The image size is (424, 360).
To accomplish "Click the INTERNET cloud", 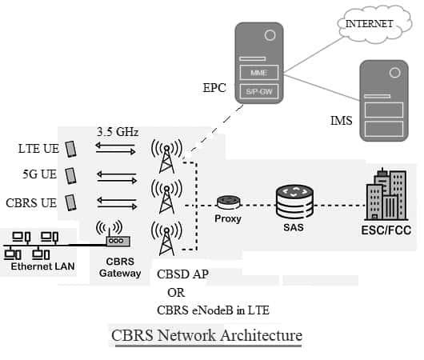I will click(369, 24).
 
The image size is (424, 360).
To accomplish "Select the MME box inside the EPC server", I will click(258, 73).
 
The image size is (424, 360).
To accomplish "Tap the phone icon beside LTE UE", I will click(70, 149).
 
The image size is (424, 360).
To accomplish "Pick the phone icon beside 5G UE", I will click(70, 174).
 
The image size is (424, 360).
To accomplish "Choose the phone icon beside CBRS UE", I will click(70, 202).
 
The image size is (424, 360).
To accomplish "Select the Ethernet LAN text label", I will click(43, 267).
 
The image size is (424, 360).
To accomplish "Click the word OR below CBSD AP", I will click(176, 292).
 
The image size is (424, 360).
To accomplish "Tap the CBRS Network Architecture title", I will click(206, 335).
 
